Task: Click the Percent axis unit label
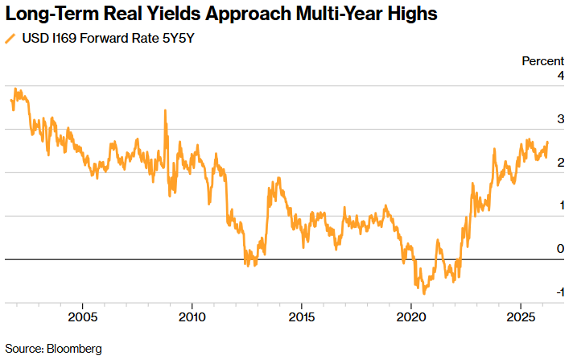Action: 542,61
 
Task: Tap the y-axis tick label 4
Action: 560,76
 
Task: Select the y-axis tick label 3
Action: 560,119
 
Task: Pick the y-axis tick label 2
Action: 560,163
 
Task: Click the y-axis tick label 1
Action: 560,206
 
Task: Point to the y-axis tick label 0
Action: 560,250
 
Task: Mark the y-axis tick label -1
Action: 559,292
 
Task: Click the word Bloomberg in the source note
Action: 74,349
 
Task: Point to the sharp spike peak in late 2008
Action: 166,110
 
